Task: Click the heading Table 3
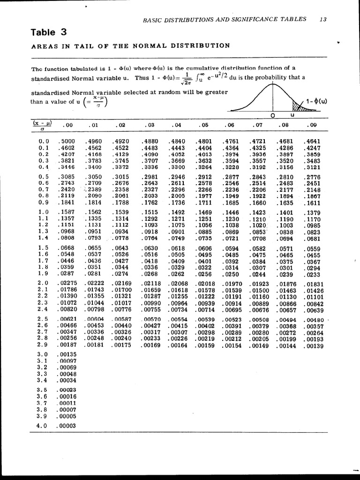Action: pyautogui.click(x=49, y=32)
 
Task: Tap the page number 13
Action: pyautogui.click(x=322, y=19)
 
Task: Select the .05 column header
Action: pyautogui.click(x=203, y=125)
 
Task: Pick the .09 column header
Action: pyautogui.click(x=311, y=125)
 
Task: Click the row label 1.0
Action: pyautogui.click(x=44, y=212)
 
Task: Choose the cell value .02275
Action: pyautogui.click(x=67, y=283)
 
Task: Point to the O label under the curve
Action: pyautogui.click(x=272, y=115)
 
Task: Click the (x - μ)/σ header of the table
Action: pyautogui.click(x=42, y=126)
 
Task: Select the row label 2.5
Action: pyautogui.click(x=43, y=319)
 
